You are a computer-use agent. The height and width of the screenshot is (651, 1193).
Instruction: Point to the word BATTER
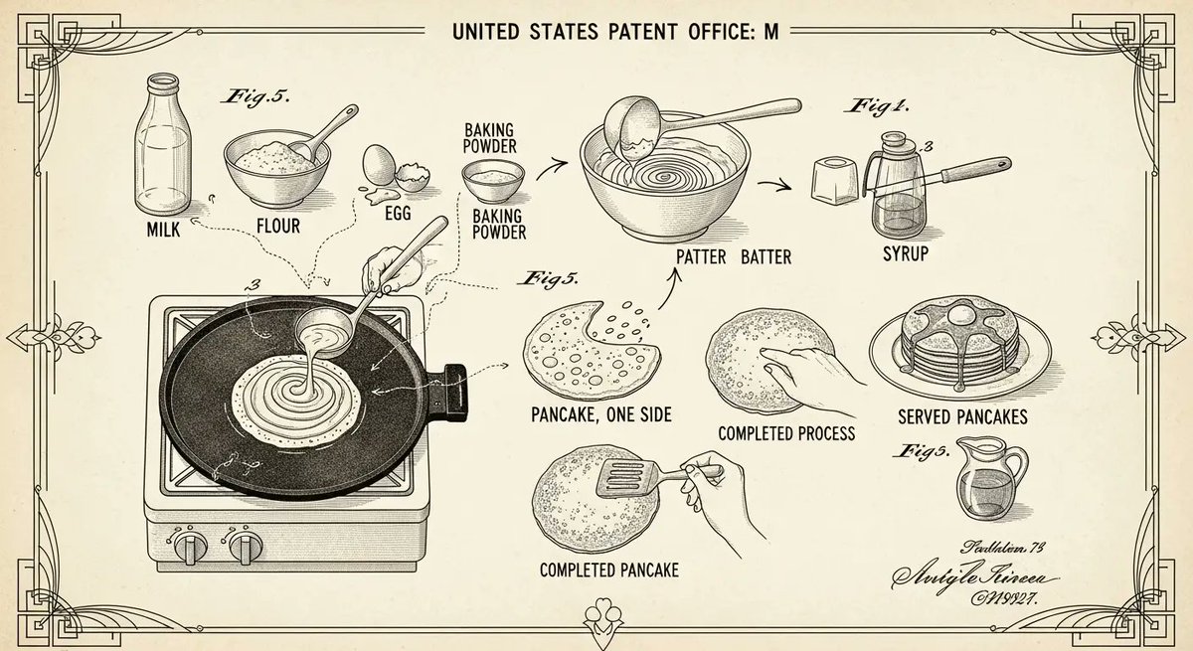pos(766,258)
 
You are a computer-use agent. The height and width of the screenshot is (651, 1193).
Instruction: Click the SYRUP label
pos(905,254)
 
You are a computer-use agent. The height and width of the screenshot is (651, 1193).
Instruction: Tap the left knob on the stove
pos(187,546)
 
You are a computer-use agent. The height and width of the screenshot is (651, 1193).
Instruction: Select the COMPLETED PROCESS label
pos(786,433)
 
